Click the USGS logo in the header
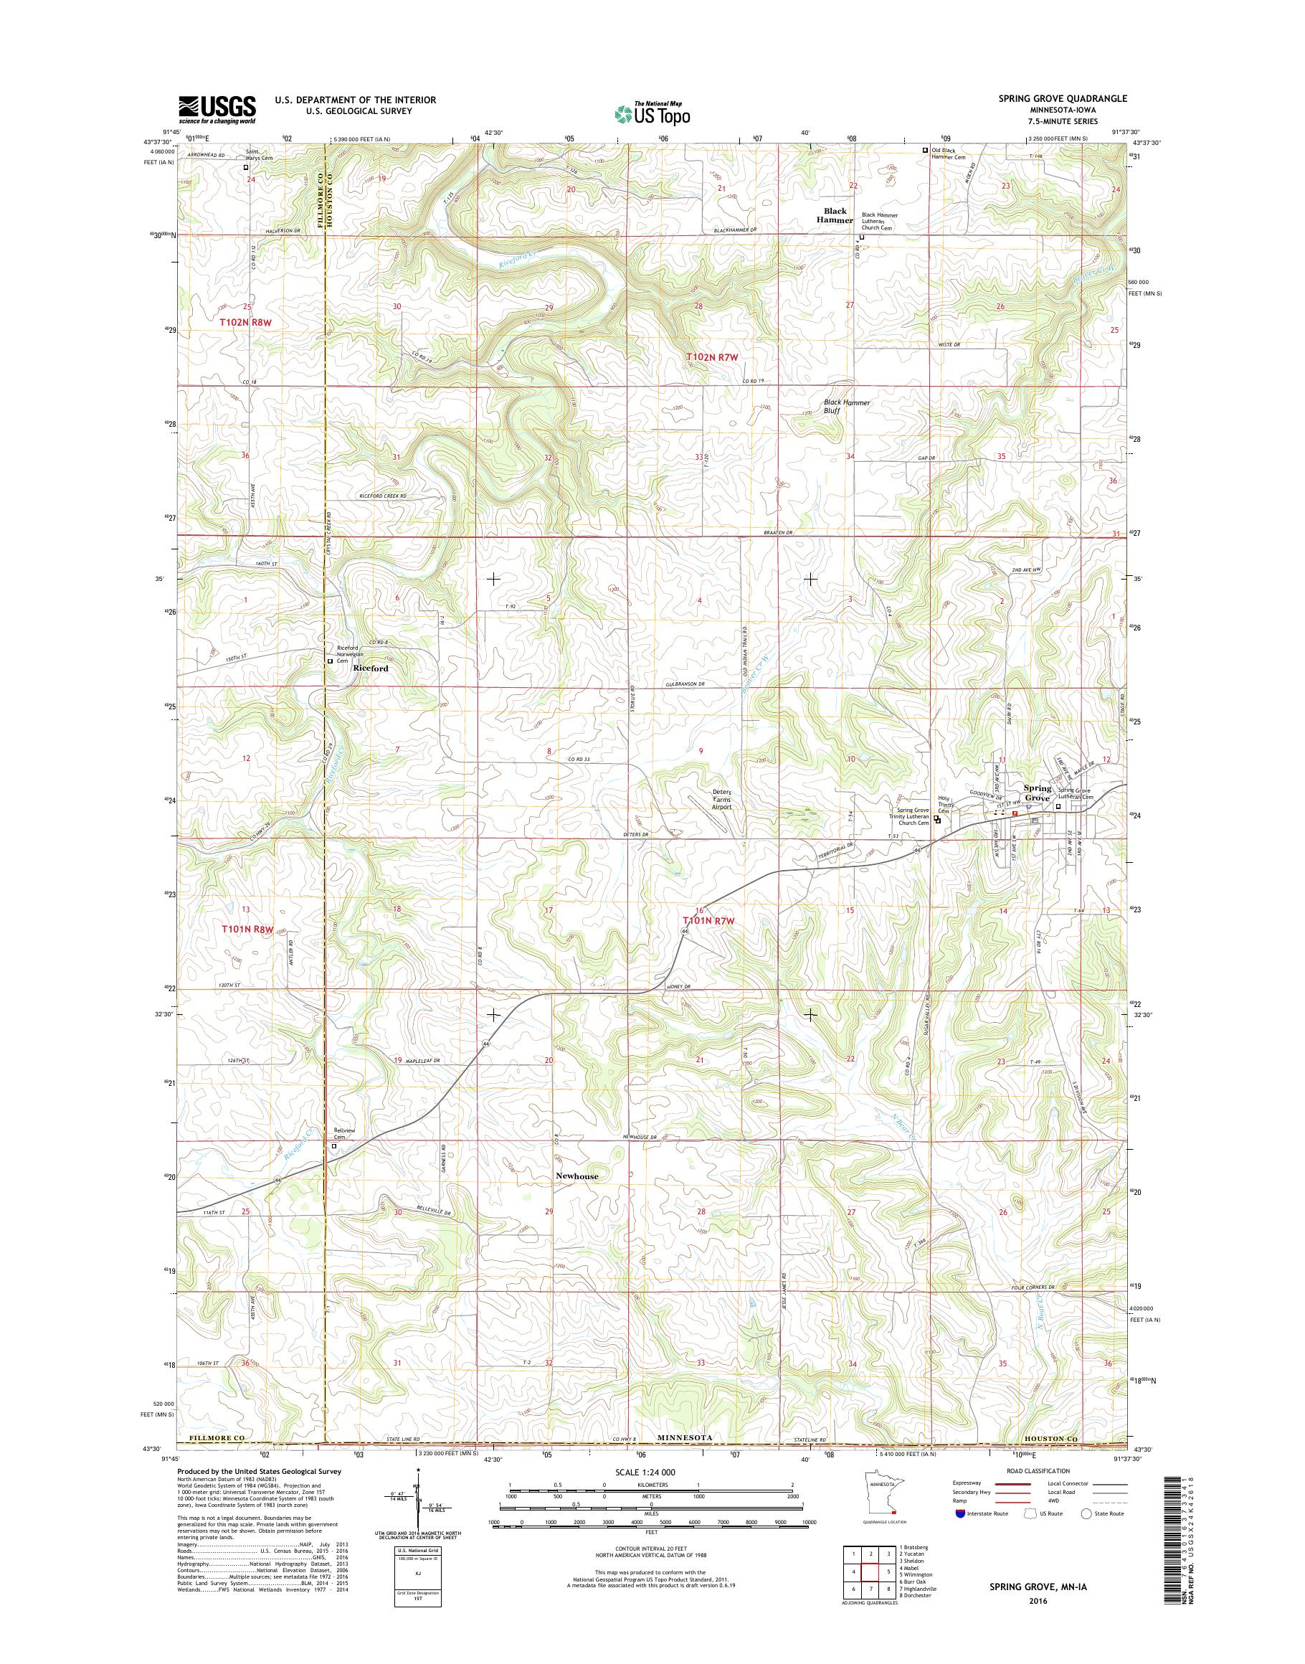point(217,110)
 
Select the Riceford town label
point(371,668)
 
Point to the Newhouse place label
point(577,1176)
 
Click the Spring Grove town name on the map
point(1037,793)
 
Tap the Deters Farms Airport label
point(722,799)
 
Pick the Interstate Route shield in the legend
point(959,1535)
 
